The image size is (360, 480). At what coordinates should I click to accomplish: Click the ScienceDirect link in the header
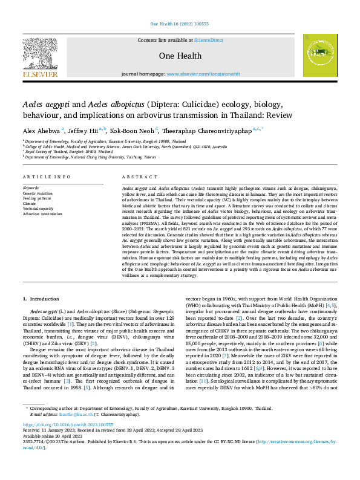(x=208, y=40)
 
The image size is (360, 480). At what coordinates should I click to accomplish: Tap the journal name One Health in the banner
(x=180, y=56)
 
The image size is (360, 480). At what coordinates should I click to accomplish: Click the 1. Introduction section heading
(x=41, y=299)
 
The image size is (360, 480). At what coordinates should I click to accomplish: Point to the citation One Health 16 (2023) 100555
(x=180, y=24)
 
